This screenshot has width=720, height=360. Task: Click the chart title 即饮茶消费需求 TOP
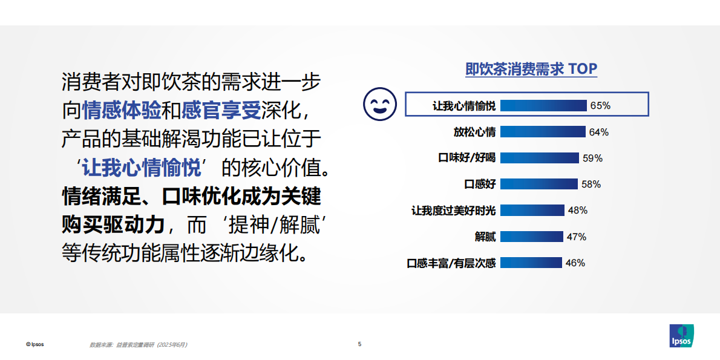(531, 69)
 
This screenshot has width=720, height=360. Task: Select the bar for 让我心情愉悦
(543, 105)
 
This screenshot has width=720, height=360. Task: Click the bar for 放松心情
(543, 132)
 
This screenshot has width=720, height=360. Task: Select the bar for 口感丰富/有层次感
(531, 263)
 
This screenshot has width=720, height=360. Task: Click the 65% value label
(600, 105)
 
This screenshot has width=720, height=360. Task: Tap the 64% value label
(598, 132)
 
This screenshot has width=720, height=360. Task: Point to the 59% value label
(592, 158)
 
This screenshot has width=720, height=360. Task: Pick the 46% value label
(575, 263)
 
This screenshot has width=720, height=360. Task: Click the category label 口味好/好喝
(466, 158)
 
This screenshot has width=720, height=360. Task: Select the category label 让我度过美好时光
(453, 211)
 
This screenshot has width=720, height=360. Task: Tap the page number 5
(360, 344)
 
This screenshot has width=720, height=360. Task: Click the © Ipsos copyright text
(34, 344)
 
